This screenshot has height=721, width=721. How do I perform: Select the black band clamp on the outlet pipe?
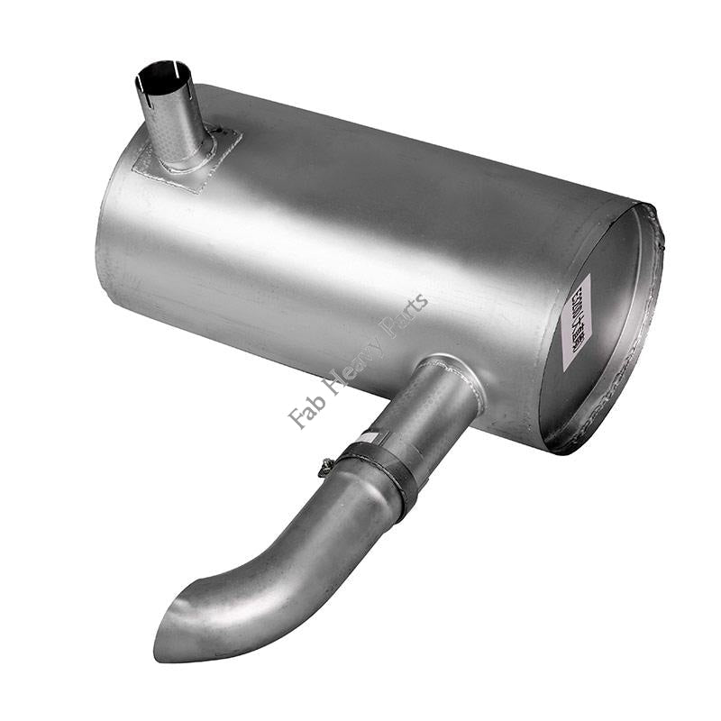[382, 465]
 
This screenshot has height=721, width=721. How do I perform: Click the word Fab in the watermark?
[303, 411]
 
